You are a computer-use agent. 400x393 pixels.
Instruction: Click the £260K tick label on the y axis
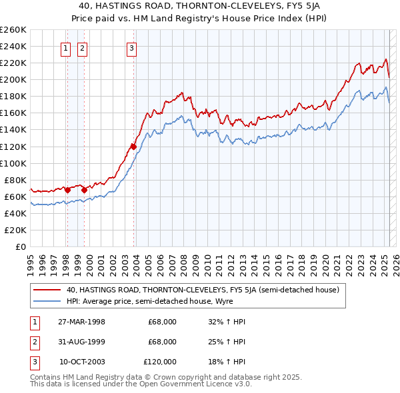pos(13,30)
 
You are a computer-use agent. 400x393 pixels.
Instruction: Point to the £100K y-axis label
pos(13,163)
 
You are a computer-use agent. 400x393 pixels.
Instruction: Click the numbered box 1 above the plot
pos(67,47)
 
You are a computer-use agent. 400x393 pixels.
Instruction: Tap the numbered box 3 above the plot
pos(132,47)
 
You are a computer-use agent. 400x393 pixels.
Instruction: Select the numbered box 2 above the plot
pos(82,47)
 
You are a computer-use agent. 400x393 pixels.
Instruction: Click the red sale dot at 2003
pos(133,146)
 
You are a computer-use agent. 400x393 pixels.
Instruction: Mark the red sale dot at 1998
pos(68,189)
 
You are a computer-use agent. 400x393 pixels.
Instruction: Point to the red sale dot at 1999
pos(85,190)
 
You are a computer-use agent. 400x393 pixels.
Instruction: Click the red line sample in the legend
pos(47,290)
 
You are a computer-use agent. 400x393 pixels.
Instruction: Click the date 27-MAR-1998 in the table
pos(82,322)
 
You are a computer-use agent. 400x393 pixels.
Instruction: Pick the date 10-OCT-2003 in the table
pos(82,362)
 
